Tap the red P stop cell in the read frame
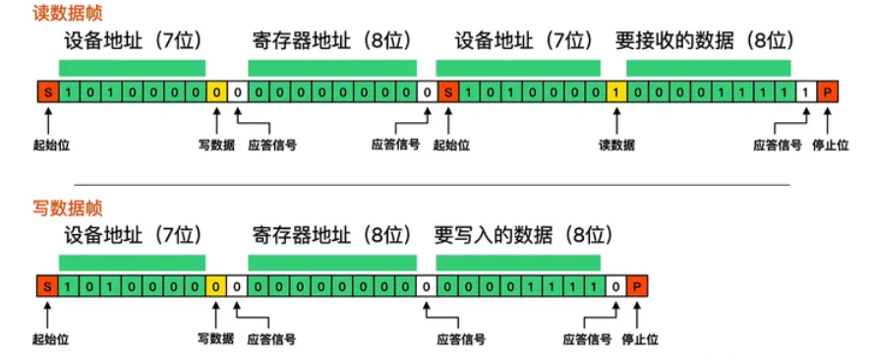[828, 92]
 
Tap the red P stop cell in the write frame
[637, 287]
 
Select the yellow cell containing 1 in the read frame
[616, 92]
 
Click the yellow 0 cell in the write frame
[215, 287]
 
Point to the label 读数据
[616, 145]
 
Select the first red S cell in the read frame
[46, 92]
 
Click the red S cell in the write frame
[46, 287]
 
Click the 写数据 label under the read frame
[215, 145]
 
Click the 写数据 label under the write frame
[215, 339]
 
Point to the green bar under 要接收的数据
[708, 68]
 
